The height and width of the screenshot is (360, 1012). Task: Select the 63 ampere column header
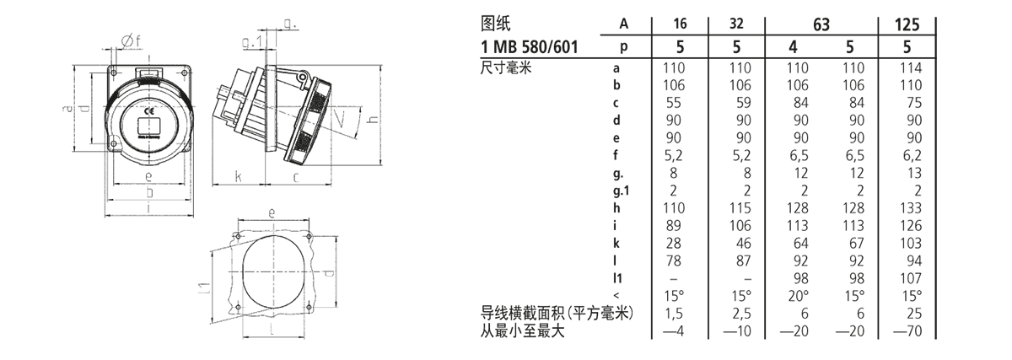tap(821, 25)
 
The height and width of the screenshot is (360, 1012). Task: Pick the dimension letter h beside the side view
tap(369, 121)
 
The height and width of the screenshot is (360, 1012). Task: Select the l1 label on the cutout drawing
tap(205, 290)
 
